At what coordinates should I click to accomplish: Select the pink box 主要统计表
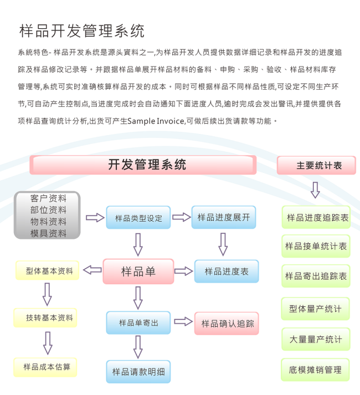[316, 165]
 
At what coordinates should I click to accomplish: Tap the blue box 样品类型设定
[138, 218]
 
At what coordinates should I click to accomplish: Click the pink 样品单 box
[138, 271]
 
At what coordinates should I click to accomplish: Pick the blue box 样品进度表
[226, 271]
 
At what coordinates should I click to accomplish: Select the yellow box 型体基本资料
[48, 271]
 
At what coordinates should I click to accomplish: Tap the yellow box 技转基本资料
[48, 317]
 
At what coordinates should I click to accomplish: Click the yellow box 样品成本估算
[47, 366]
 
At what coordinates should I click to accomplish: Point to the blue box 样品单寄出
[138, 322]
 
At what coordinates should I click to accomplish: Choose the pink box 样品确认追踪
[227, 323]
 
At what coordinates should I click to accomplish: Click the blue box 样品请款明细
[138, 371]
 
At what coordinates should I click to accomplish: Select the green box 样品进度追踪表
[316, 218]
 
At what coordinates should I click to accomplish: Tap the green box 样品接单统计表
[316, 245]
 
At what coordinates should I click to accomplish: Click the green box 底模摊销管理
[316, 370]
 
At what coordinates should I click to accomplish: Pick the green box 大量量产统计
[316, 339]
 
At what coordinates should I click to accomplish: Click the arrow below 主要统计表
[315, 190]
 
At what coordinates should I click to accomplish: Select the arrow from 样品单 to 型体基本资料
[92, 270]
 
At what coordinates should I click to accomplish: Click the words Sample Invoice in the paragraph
[156, 121]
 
